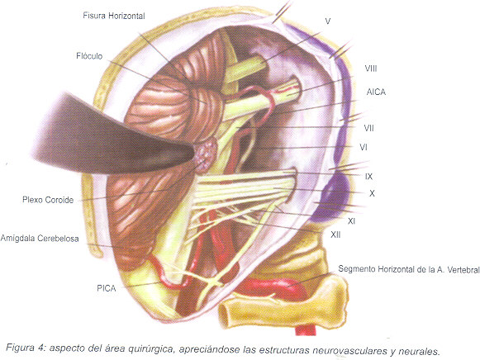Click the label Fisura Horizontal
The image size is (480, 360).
pyautogui.click(x=114, y=16)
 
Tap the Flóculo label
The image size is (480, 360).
pyautogui.click(x=89, y=56)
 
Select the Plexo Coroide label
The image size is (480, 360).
pyautogui.click(x=48, y=200)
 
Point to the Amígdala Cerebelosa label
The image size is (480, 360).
pyautogui.click(x=40, y=239)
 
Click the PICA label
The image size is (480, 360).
pyautogui.click(x=107, y=288)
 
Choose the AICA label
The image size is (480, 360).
pyautogui.click(x=376, y=92)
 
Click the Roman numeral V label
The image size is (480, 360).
pyautogui.click(x=328, y=21)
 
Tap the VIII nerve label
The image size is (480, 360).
pyautogui.click(x=371, y=69)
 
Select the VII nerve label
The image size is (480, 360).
pyautogui.click(x=368, y=128)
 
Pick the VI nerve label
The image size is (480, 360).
pyautogui.click(x=364, y=148)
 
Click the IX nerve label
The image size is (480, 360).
pyautogui.click(x=368, y=177)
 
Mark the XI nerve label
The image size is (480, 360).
pyautogui.click(x=351, y=220)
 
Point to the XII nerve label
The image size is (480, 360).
pyautogui.click(x=335, y=234)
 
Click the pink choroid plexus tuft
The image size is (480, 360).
pyautogui.click(x=206, y=154)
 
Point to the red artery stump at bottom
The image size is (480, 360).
pyautogui.click(x=305, y=330)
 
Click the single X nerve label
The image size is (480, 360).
pyautogui.click(x=372, y=193)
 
